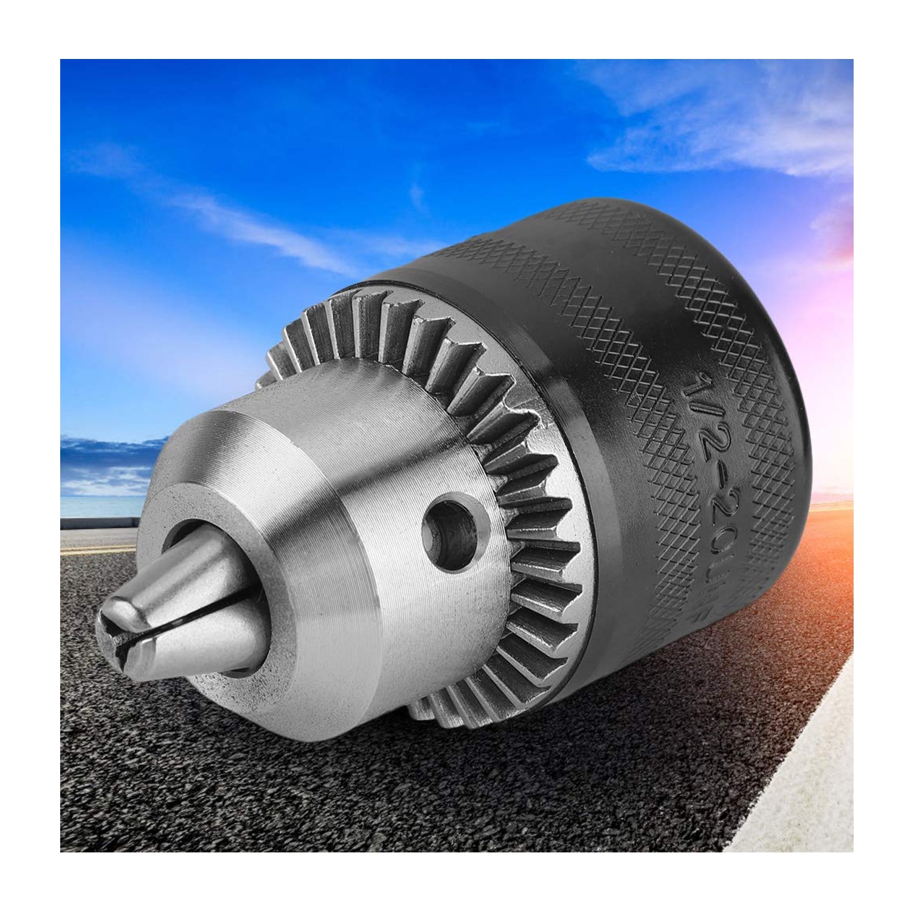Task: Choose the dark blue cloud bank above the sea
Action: (x=109, y=456)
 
